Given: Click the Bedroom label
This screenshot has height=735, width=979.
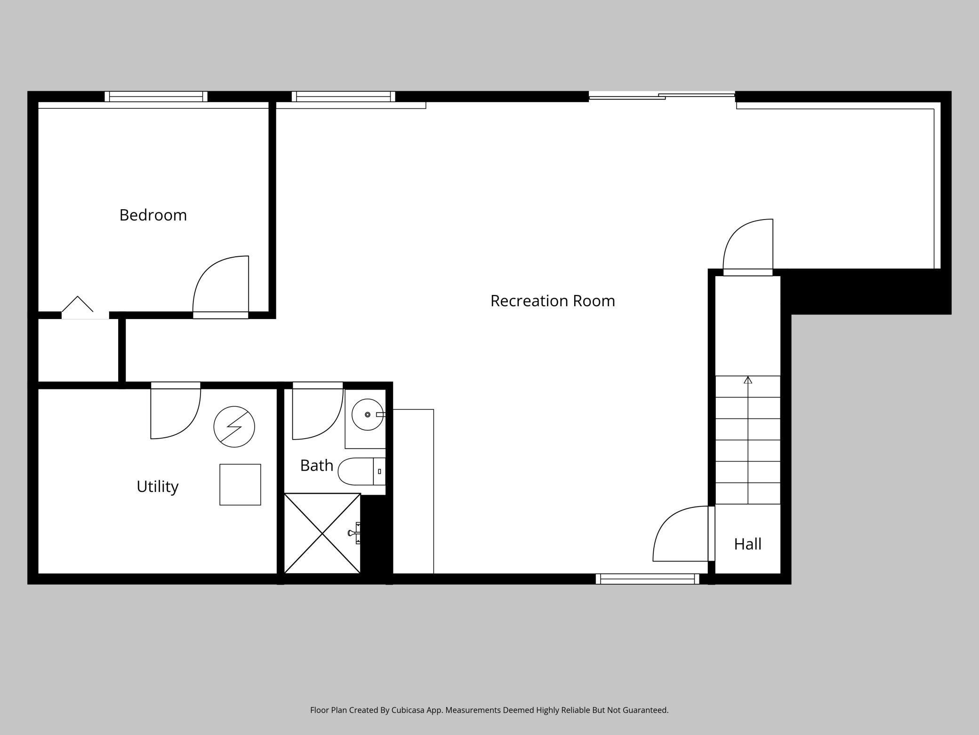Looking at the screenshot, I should (x=153, y=215).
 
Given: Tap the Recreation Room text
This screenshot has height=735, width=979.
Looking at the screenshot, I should (x=553, y=301).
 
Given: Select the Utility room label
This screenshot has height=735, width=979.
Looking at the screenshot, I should (x=157, y=486).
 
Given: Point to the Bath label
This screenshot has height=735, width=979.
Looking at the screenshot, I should (x=316, y=465).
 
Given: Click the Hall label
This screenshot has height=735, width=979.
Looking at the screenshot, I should (x=747, y=544).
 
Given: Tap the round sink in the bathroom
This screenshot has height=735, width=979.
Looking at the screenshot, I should (x=368, y=415).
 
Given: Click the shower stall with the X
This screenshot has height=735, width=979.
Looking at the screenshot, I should (x=322, y=533).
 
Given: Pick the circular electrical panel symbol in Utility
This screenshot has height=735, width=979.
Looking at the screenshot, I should (x=234, y=427).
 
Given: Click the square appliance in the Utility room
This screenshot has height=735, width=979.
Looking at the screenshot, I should (x=240, y=485).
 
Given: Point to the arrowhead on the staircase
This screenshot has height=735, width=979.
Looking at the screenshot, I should (x=748, y=380).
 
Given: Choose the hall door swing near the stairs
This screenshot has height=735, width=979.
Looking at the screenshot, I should (x=678, y=535).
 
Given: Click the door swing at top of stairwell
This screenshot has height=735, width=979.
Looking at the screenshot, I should (x=746, y=245).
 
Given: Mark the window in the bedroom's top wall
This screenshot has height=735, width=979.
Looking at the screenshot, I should (x=156, y=97).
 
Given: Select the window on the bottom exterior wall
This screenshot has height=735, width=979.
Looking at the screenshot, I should (x=648, y=579).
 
